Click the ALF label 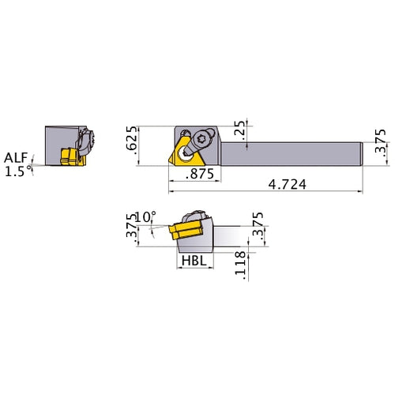coord(16,156)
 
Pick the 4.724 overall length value coord(288,183)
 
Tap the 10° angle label coord(146,216)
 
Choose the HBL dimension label coord(194,260)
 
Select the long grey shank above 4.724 coord(292,149)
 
